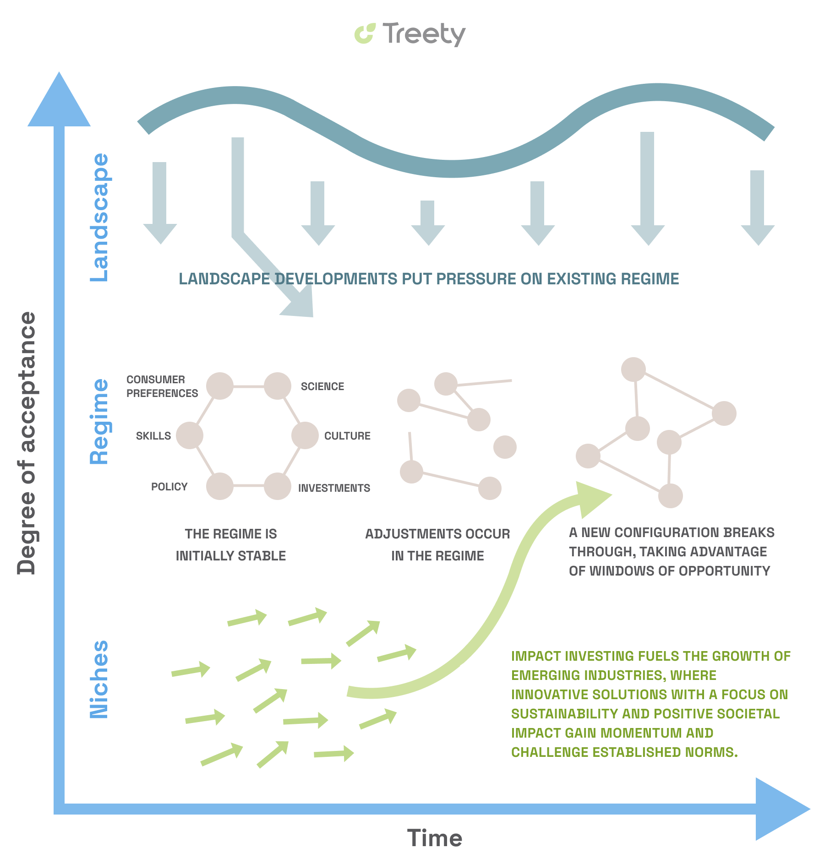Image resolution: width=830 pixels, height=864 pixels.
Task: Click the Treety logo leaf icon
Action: pos(365,34)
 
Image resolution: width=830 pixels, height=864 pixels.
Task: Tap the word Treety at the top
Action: pos(424,34)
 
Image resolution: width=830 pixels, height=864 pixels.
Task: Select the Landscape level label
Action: pos(99,217)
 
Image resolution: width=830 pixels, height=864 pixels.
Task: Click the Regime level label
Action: pos(99,422)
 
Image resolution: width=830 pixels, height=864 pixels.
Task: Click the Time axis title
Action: pos(434,838)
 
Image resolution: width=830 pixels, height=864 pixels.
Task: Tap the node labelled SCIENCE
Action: pos(278,386)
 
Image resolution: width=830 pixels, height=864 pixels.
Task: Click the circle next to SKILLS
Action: pos(190,435)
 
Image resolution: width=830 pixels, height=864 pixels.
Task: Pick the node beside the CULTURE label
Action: pos(305,435)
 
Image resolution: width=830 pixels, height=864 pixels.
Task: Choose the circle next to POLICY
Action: pos(220,486)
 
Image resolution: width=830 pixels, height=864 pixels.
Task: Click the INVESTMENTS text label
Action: pos(334,488)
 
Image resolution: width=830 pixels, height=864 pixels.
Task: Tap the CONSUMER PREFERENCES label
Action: pos(162,386)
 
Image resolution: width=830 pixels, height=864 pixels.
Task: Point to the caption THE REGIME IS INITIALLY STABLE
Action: pos(231,545)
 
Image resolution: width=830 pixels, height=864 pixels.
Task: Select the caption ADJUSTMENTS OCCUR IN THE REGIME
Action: pos(437,545)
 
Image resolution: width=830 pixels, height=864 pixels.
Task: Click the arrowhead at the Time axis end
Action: pos(781,809)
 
